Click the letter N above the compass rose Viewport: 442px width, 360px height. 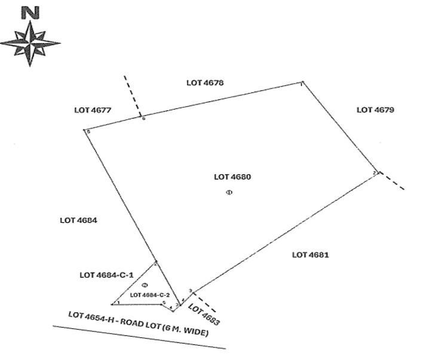point(30,13)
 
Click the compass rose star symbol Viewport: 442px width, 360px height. point(30,43)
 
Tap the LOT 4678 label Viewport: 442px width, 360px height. point(205,83)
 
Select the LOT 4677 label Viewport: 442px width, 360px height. point(93,110)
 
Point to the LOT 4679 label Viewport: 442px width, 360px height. point(375,110)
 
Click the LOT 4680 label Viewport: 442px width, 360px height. point(232,177)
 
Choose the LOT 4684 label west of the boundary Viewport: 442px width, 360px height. point(78,220)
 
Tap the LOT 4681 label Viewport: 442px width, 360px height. point(311,255)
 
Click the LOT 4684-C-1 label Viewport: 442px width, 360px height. point(106,275)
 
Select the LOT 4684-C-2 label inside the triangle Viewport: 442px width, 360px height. point(150,295)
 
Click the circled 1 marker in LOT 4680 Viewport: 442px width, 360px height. point(229,192)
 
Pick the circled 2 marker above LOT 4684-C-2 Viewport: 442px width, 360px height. point(145,285)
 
